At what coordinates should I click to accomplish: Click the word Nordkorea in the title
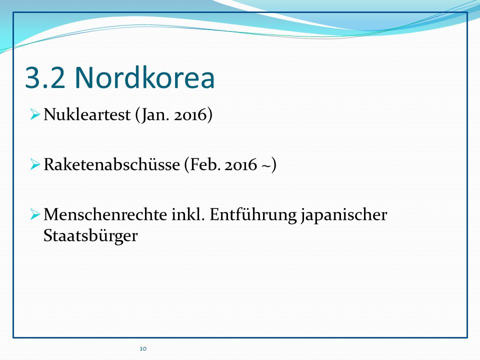pyautogui.click(x=144, y=77)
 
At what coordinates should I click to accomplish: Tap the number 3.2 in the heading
pyautogui.click(x=45, y=78)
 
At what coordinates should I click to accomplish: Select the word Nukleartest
pyautogui.click(x=87, y=114)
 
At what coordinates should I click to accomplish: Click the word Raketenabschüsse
pyautogui.click(x=111, y=164)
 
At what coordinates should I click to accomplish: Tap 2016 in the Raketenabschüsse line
pyautogui.click(x=240, y=164)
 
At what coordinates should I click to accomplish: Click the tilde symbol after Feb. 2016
pyautogui.click(x=265, y=165)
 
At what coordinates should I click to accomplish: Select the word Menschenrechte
pyautogui.click(x=105, y=214)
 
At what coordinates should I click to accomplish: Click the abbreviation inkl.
pyautogui.click(x=187, y=214)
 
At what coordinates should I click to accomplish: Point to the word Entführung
pyautogui.click(x=253, y=215)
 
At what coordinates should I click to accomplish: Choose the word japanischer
pyautogui.click(x=344, y=215)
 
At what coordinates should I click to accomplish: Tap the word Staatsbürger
pyautogui.click(x=90, y=235)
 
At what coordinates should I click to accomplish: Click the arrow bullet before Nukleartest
pyautogui.click(x=35, y=115)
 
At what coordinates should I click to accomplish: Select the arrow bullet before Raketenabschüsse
pyautogui.click(x=35, y=164)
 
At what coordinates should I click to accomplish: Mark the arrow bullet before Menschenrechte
pyautogui.click(x=35, y=214)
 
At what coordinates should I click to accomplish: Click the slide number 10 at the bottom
pyautogui.click(x=143, y=348)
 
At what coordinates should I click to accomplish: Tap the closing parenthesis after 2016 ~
pyautogui.click(x=273, y=165)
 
